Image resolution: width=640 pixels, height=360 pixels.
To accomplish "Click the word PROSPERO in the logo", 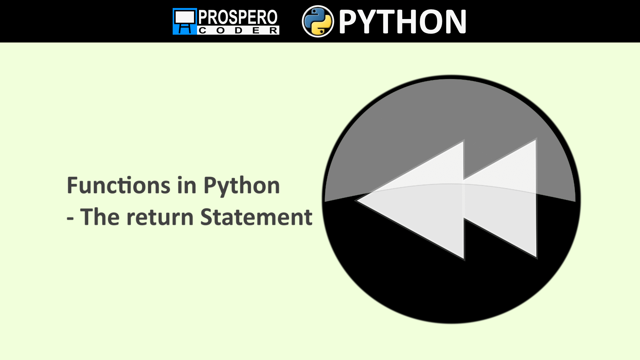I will [x=238, y=17].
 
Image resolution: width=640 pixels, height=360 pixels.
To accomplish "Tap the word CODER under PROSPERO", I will [x=238, y=31].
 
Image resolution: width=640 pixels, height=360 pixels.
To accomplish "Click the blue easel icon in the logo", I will [x=185, y=21].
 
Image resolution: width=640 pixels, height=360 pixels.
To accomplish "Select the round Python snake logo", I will [x=318, y=21].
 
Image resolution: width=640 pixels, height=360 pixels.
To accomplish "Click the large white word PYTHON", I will [x=402, y=22].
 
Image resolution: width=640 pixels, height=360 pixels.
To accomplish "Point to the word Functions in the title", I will [x=118, y=186].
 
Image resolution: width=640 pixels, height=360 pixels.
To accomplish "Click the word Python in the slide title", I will [x=241, y=186].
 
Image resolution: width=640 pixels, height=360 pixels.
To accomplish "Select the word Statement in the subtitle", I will [x=256, y=217].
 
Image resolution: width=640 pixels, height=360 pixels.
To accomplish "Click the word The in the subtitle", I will [x=100, y=217].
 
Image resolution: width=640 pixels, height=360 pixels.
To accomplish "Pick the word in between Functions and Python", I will [x=187, y=186].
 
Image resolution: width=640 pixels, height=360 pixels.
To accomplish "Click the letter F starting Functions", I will [x=73, y=186].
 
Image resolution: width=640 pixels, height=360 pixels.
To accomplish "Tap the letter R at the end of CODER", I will [x=273, y=31].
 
